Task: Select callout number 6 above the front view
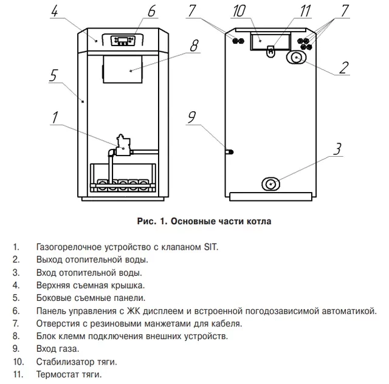coord(151,11)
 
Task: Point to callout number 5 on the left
coord(53,76)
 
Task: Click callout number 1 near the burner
coord(55,118)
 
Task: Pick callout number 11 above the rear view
coord(305,11)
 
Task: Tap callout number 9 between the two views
coord(192,118)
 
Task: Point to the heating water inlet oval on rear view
coord(271,183)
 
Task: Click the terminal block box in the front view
coord(123,69)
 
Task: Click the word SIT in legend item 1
coord(209,247)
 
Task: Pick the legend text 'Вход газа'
coord(58,349)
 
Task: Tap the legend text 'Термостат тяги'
coord(69,374)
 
